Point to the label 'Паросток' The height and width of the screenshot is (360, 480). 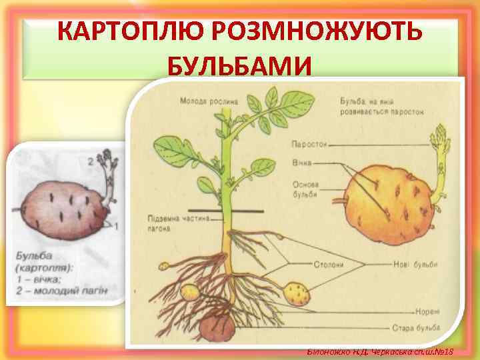pos(309,144)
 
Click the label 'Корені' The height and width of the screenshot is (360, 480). pos(426,311)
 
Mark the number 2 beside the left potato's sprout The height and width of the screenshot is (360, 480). pos(91,161)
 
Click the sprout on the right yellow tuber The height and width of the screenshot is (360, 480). pos(439,160)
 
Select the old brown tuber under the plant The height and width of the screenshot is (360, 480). pos(219,327)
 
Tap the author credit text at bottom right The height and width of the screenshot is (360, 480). pos(379,351)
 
